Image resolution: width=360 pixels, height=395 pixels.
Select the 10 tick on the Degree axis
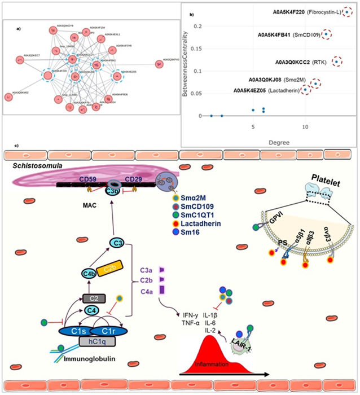click(x=305, y=128)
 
